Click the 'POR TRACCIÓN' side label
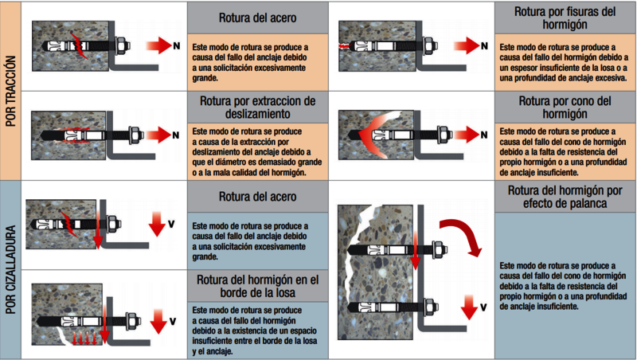[x=11, y=91]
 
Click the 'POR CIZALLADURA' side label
[x=11, y=269]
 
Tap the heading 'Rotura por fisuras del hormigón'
[x=565, y=18]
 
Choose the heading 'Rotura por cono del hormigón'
[x=565, y=108]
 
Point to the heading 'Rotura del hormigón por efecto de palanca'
[x=565, y=198]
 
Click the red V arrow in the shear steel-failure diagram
[x=158, y=224]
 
